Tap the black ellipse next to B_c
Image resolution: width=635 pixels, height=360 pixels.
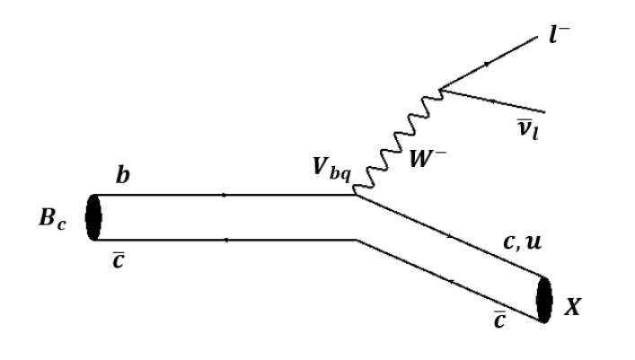[93, 218]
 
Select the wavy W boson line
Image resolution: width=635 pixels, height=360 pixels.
[394, 140]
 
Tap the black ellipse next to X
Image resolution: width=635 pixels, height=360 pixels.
[544, 300]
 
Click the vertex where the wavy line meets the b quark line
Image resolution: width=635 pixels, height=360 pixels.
[355, 197]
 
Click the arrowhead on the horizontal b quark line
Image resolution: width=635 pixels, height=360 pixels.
[222, 197]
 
